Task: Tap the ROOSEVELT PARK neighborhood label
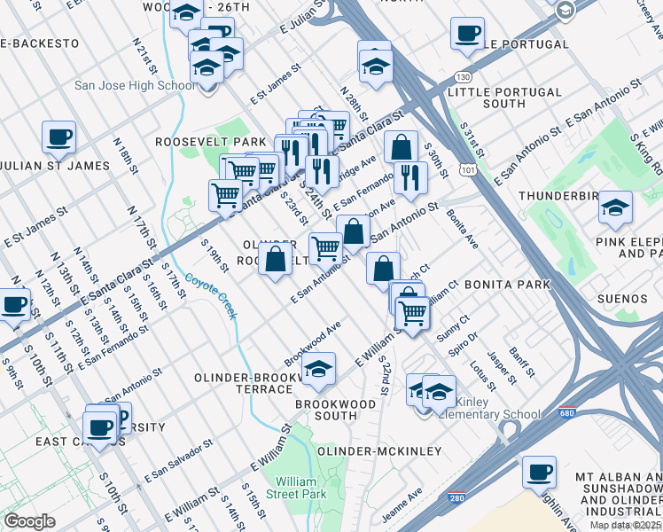(x=210, y=142)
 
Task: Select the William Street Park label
(x=300, y=487)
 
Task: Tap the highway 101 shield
(x=467, y=168)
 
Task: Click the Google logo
(x=29, y=521)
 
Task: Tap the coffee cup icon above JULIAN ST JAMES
(x=58, y=137)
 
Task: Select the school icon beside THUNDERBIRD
(x=615, y=207)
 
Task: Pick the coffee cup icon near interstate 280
(x=539, y=472)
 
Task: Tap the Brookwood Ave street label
(x=312, y=344)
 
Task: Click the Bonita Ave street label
(x=462, y=229)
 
